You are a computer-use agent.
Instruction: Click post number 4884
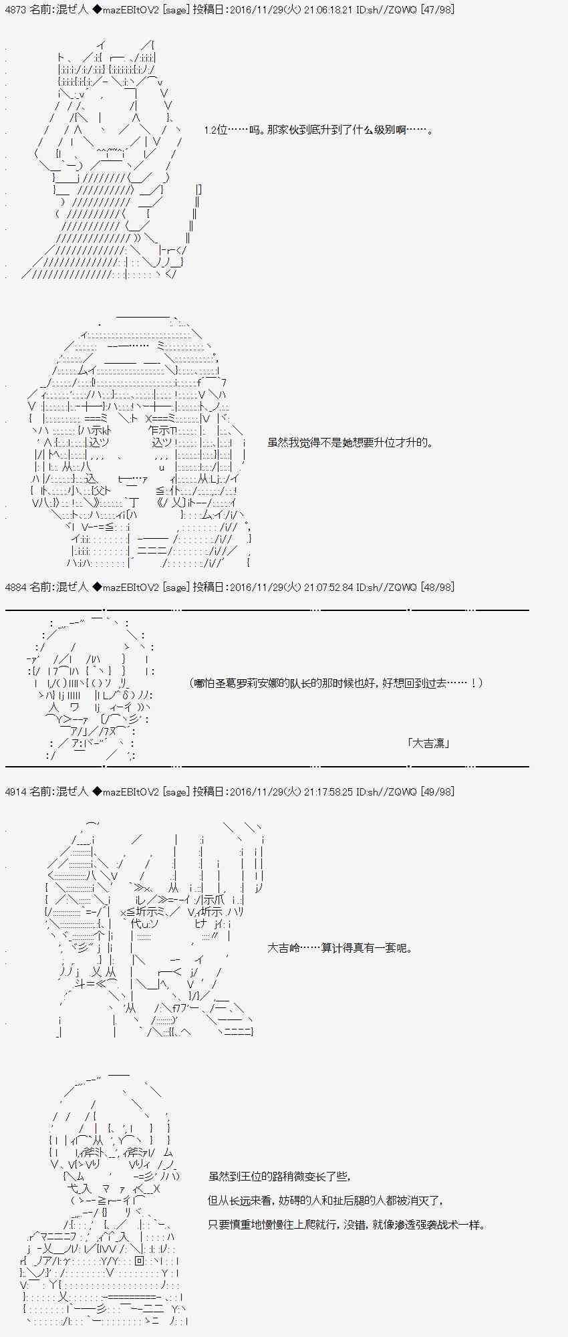tap(15, 587)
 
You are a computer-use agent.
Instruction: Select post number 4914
tap(15, 792)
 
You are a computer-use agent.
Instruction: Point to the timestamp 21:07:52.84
tap(329, 587)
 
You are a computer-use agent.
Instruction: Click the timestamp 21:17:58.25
tap(329, 792)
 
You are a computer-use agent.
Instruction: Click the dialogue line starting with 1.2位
tap(319, 130)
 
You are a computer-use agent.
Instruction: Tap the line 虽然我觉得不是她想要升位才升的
tap(350, 443)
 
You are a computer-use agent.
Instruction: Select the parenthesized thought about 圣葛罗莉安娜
tap(336, 683)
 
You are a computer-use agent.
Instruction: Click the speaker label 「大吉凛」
tap(428, 743)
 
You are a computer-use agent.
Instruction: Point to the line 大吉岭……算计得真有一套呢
tap(340, 948)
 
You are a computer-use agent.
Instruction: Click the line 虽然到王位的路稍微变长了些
tap(279, 1177)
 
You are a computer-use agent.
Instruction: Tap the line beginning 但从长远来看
tap(325, 1201)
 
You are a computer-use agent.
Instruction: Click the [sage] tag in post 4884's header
tap(176, 587)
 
